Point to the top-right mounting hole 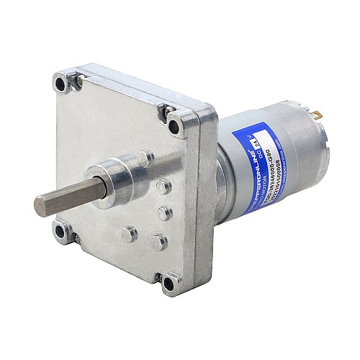click(172, 112)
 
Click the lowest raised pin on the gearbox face click(159, 243)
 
